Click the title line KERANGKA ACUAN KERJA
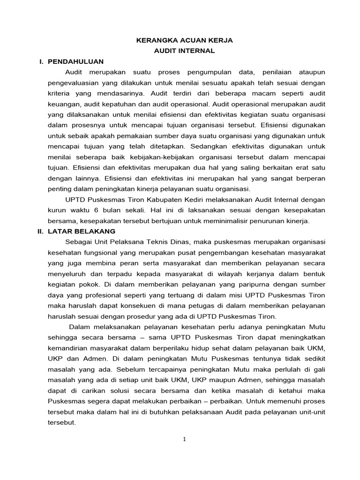click(x=184, y=41)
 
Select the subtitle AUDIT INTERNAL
click(x=184, y=51)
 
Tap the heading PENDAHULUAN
click(x=75, y=61)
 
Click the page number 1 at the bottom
click(x=184, y=439)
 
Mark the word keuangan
click(x=62, y=104)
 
